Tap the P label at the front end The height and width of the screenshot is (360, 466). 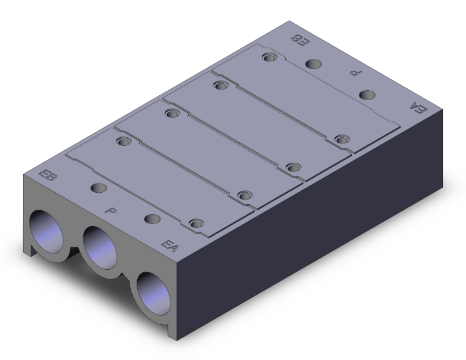111,210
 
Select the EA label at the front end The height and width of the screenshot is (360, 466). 170,245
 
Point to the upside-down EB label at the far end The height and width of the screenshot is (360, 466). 302,40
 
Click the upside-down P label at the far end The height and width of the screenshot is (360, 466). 356,72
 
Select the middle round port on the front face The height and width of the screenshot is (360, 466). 99,247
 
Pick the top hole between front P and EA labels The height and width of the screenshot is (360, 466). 152,219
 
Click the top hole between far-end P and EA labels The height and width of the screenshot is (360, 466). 368,95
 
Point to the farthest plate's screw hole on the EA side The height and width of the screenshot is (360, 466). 341,138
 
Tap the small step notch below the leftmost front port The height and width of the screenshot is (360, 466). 29,252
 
